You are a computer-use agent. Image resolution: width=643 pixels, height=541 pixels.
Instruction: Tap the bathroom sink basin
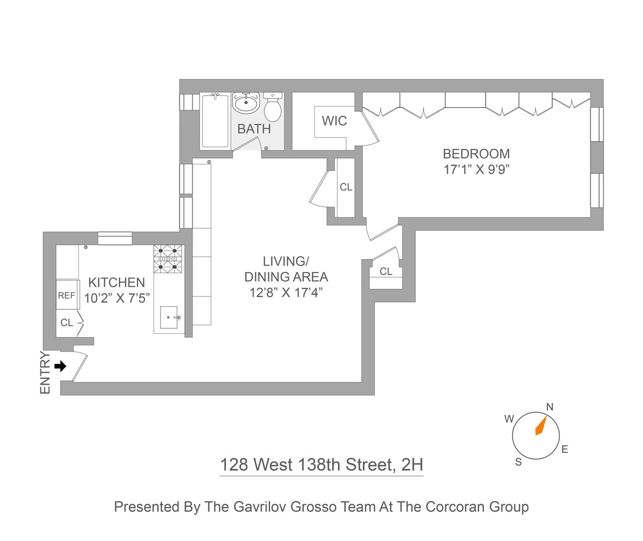246,102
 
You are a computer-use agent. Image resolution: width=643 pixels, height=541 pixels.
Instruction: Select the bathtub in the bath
215,120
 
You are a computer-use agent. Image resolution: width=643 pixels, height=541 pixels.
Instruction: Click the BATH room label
254,129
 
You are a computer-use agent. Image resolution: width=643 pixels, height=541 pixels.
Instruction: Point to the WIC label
334,121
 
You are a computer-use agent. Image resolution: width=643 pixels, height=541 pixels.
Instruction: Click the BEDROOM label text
476,154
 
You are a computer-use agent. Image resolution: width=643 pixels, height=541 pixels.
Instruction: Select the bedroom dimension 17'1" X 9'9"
476,169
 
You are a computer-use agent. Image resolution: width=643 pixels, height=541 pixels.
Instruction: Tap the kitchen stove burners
168,259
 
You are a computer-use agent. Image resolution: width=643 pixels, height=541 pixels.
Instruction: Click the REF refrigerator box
67,295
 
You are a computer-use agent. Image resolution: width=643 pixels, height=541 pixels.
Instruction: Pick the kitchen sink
169,318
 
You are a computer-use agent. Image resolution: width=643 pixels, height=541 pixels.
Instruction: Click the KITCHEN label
116,282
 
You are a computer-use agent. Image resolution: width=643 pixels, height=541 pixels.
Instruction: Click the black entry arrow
61,366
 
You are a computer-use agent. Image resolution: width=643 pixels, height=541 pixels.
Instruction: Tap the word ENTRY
45,373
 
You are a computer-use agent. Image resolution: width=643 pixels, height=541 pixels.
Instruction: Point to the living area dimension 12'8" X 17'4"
286,293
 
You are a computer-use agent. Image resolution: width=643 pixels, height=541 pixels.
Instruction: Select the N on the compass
550,407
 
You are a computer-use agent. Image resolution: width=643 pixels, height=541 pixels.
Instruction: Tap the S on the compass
518,461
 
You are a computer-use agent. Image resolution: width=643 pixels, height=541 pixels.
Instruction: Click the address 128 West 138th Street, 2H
321,464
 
